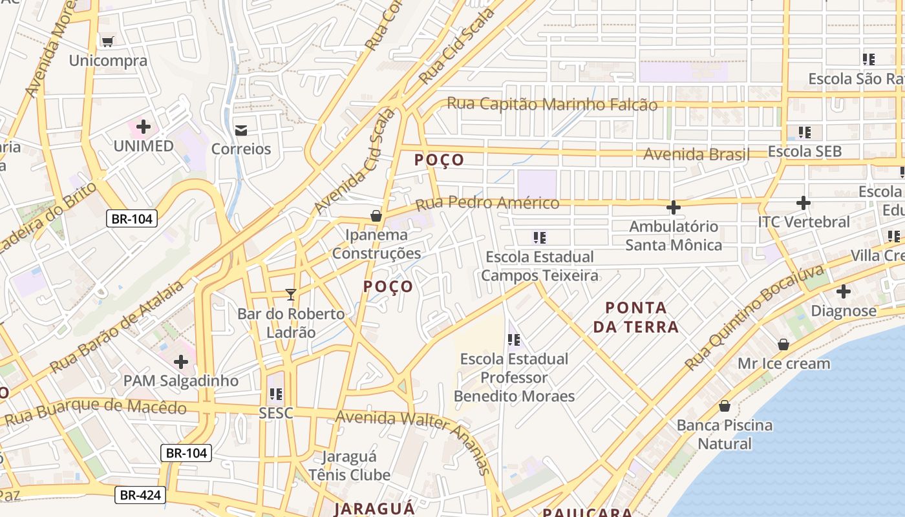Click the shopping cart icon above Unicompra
tap(107, 41)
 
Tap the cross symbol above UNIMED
tap(144, 127)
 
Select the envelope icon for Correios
tap(241, 130)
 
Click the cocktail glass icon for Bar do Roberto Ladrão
tap(291, 295)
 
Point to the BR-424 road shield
tap(140, 496)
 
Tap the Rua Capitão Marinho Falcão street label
tap(552, 104)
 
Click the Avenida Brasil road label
tap(696, 154)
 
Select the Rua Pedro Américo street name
tap(487, 204)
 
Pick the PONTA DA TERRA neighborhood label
tap(636, 317)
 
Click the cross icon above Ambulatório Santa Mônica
tap(673, 207)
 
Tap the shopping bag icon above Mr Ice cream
tap(783, 344)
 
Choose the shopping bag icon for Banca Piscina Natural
tap(725, 406)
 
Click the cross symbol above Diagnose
tap(843, 291)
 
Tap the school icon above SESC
tap(276, 394)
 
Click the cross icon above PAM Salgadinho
tap(181, 361)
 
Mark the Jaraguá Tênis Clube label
tap(349, 466)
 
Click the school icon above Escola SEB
tap(804, 132)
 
